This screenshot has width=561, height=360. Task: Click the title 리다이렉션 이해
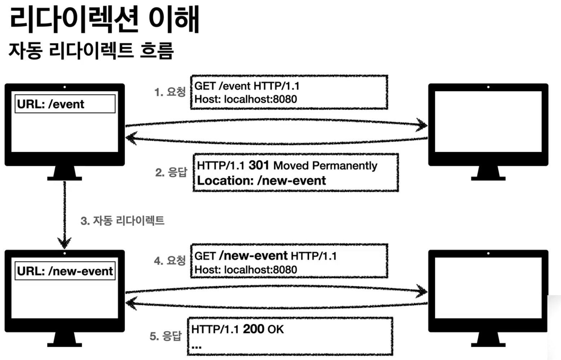click(105, 19)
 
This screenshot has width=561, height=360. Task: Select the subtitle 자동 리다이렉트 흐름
click(91, 50)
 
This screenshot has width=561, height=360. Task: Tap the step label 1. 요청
click(170, 92)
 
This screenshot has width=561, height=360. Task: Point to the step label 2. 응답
click(171, 172)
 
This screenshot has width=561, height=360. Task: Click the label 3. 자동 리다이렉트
click(122, 220)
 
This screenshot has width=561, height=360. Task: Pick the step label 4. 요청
click(169, 260)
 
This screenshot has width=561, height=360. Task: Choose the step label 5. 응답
click(165, 336)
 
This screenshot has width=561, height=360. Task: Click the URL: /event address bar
click(65, 104)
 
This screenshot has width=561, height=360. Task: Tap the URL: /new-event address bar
click(65, 271)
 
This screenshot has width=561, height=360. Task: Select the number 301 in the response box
click(259, 165)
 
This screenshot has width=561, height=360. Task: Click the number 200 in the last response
click(253, 329)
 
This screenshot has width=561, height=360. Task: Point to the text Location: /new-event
click(261, 180)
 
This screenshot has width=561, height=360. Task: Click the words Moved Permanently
click(325, 166)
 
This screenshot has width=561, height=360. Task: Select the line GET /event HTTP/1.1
click(247, 86)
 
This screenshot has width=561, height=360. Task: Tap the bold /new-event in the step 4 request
click(253, 256)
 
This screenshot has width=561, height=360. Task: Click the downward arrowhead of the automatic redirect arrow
click(65, 243)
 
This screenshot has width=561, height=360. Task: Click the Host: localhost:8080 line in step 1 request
click(246, 99)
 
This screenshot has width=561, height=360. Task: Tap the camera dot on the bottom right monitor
click(488, 253)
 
